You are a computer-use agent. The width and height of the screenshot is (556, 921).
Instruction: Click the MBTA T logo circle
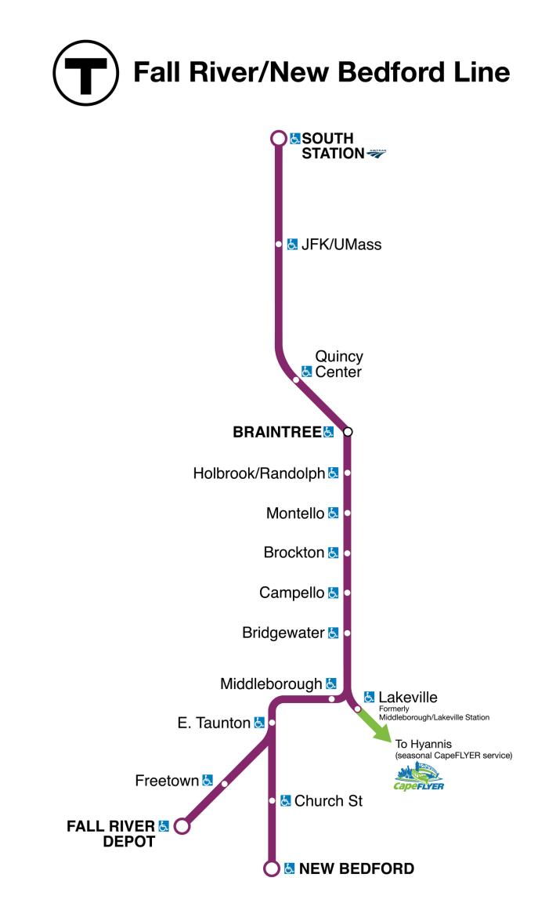click(85, 73)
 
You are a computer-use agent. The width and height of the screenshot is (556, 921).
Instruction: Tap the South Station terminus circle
click(277, 139)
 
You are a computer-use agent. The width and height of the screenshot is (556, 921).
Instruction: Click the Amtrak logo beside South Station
click(376, 154)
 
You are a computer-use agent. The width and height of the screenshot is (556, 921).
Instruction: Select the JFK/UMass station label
click(341, 245)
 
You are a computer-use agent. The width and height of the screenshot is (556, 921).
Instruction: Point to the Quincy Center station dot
click(296, 380)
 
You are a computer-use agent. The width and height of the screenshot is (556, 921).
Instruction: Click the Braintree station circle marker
click(348, 432)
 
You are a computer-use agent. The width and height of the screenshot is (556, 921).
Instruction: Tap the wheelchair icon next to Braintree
click(329, 432)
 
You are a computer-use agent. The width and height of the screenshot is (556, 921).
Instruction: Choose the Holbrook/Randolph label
click(259, 473)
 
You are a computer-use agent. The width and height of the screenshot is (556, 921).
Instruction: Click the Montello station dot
click(347, 513)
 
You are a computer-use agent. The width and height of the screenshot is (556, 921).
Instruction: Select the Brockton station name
click(294, 553)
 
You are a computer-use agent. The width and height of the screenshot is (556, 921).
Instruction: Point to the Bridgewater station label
click(283, 633)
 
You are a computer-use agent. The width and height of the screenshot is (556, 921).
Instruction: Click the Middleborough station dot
click(332, 698)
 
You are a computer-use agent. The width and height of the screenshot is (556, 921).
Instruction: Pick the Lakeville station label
click(407, 697)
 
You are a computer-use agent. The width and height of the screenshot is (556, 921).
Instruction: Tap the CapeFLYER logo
click(418, 778)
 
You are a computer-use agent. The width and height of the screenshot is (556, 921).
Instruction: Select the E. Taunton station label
click(213, 723)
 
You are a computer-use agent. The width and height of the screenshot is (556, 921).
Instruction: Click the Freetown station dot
click(225, 783)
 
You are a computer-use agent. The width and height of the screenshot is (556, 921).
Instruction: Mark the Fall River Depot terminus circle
click(182, 826)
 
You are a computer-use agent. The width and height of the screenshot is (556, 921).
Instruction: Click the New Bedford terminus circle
click(272, 868)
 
